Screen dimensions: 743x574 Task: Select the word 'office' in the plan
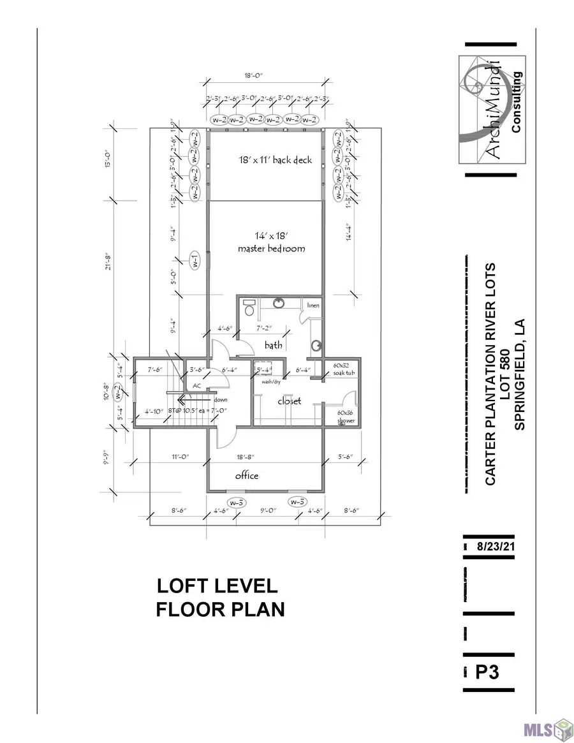click(247, 475)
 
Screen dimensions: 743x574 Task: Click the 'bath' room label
click(274, 345)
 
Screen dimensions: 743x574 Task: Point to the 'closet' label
click(288, 401)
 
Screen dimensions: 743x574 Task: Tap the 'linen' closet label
click(313, 306)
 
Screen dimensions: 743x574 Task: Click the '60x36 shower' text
click(346, 416)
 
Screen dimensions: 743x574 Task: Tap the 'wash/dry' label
click(267, 383)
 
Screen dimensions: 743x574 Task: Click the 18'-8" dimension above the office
click(264, 457)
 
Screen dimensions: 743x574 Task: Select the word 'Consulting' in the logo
click(516, 102)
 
